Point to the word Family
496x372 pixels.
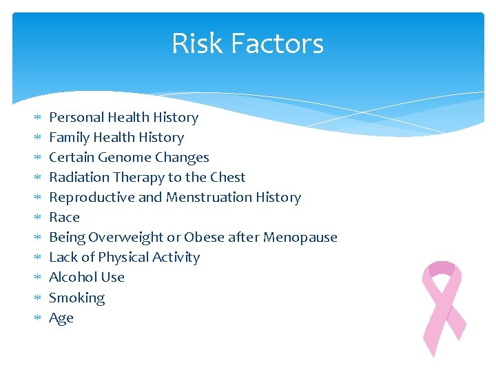click(x=69, y=137)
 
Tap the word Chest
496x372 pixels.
click(x=227, y=177)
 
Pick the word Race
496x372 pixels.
click(x=64, y=217)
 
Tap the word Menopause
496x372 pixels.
click(x=302, y=237)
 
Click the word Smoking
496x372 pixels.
click(x=76, y=298)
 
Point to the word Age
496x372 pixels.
click(x=61, y=318)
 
